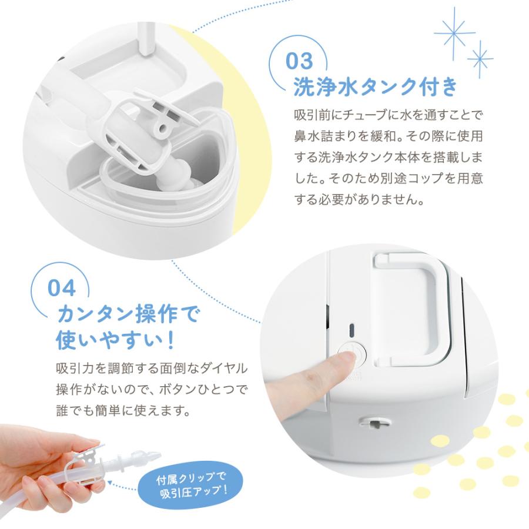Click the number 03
coord(307,62)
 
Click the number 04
coord(61,289)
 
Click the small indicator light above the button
coord(351,329)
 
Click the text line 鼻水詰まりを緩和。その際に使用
coord(389,135)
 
